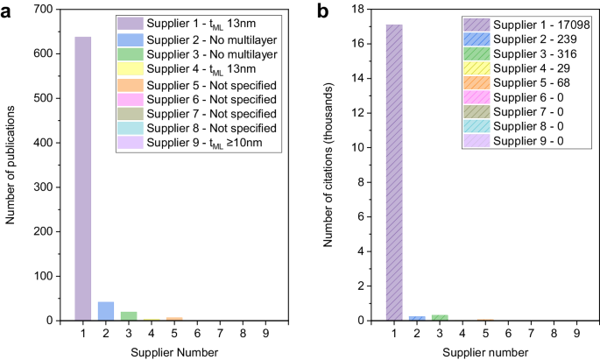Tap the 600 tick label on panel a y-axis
(x=45, y=53)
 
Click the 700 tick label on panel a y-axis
(x=45, y=9)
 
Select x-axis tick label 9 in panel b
(x=576, y=334)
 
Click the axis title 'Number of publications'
(x=11, y=166)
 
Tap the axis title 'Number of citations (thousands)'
(x=330, y=166)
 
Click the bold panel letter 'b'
(x=323, y=11)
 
